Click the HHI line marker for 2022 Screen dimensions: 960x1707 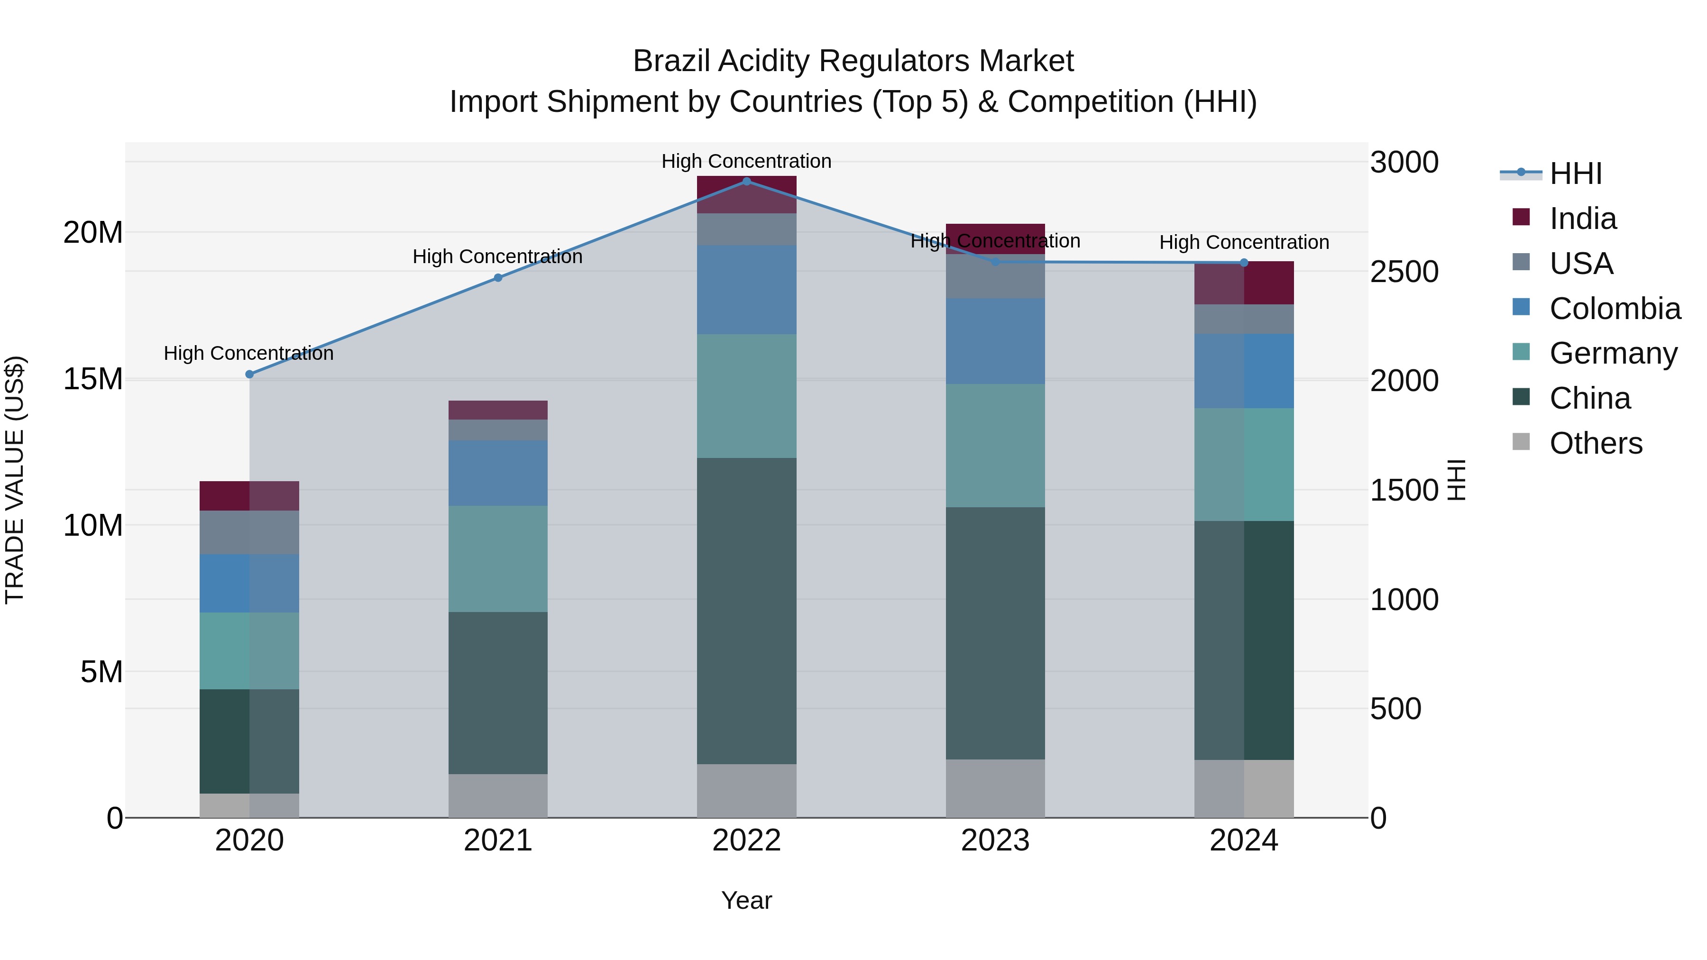[x=746, y=182]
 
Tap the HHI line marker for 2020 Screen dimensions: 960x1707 [x=249, y=375]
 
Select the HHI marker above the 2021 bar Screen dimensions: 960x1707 [x=498, y=278]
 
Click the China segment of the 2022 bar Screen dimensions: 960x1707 [x=746, y=611]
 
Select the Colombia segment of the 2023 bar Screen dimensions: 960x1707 [x=995, y=341]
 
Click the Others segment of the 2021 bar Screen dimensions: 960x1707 [x=498, y=795]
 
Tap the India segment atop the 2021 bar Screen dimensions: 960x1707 [x=498, y=410]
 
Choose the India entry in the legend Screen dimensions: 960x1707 [x=1582, y=219]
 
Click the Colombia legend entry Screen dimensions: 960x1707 [x=1614, y=309]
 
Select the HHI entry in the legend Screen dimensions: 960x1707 [x=1575, y=174]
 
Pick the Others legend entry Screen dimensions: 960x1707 [x=1595, y=443]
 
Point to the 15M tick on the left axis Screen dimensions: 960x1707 [x=93, y=379]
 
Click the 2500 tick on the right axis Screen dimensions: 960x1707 [x=1404, y=272]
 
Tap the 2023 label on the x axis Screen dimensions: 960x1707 [x=995, y=841]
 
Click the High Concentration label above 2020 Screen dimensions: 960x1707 [x=248, y=353]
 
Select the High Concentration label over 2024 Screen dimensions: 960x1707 [x=1244, y=242]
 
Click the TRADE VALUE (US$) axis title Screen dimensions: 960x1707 [x=15, y=480]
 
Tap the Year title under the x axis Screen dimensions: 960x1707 [x=746, y=900]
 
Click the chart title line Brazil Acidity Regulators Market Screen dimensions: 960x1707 [x=853, y=61]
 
